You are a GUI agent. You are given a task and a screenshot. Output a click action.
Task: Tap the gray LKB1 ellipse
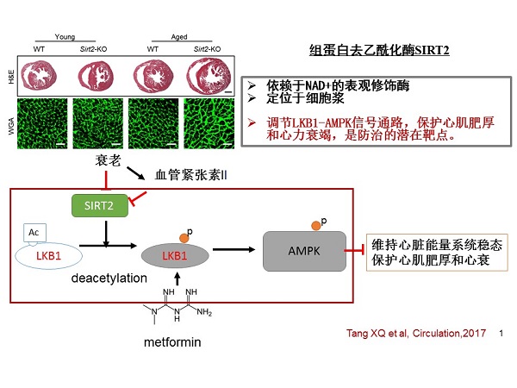173,256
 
